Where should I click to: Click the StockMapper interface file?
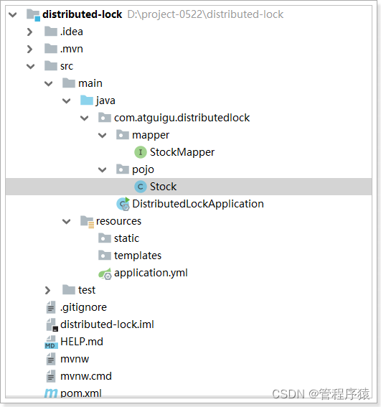pos(182,152)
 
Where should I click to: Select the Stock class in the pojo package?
pos(164,187)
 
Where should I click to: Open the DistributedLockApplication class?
pos(198,204)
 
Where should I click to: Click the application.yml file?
pos(151,273)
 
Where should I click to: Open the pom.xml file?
pos(80,393)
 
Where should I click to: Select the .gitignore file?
pos(83,307)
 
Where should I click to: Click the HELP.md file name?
pos(82,342)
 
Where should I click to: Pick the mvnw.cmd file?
pos(86,376)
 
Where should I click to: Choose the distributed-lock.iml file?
pos(107,324)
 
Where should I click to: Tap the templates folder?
pos(138,256)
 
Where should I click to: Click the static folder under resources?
pos(126,238)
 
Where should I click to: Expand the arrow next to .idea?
pos(30,32)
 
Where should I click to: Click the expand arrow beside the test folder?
pos(47,290)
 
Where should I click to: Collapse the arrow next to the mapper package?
pos(103,135)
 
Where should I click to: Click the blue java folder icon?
pos(87,100)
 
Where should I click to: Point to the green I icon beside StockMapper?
pos(141,152)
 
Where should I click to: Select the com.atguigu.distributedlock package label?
pos(182,118)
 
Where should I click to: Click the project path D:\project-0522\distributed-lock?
pos(205,14)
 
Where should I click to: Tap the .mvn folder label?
pos(72,49)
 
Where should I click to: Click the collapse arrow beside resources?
pos(67,221)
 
